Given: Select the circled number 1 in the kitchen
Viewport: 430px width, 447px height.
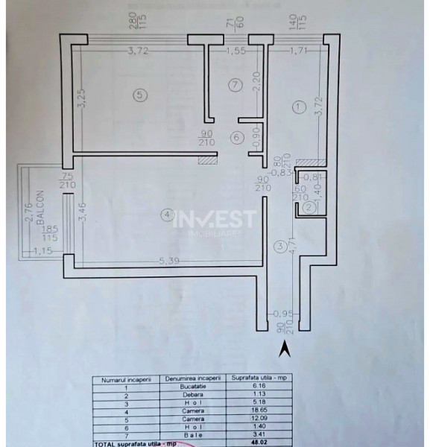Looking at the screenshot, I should pyautogui.click(x=298, y=107).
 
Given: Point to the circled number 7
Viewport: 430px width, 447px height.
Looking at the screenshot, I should pyautogui.click(x=235, y=85).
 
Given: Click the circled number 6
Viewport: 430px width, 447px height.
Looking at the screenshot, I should pyautogui.click(x=235, y=137).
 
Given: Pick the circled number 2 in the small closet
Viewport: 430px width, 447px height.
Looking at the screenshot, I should pyautogui.click(x=307, y=209).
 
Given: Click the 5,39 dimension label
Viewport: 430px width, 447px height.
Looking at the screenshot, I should pyautogui.click(x=168, y=261).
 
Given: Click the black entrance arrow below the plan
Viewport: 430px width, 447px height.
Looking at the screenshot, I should pyautogui.click(x=283, y=347).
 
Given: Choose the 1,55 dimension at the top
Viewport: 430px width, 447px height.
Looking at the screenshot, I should pyautogui.click(x=237, y=51).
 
